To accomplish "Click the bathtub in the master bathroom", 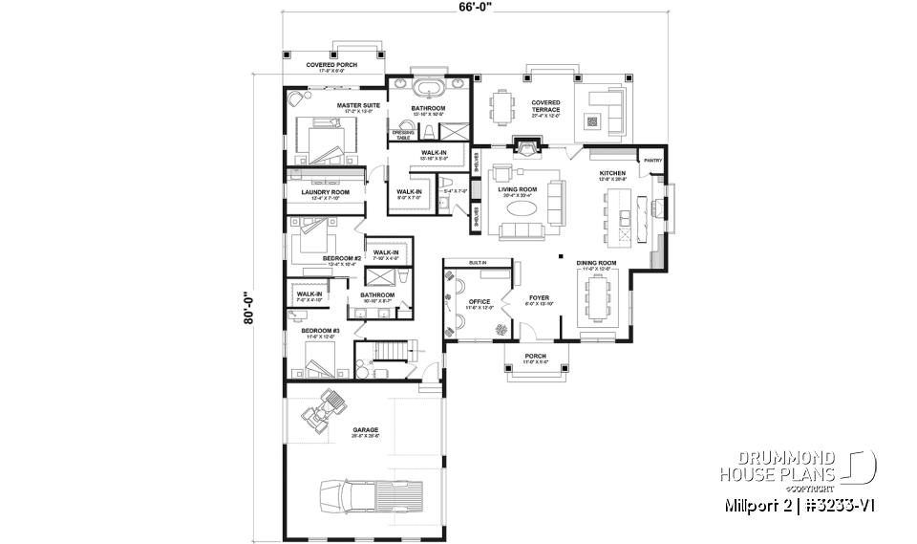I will pyautogui.click(x=427, y=93).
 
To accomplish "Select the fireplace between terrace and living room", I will pyautogui.click(x=525, y=146).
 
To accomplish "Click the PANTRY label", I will pyautogui.click(x=653, y=161).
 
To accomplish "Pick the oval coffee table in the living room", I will pyautogui.click(x=522, y=207).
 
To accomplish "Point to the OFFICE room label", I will pyautogui.click(x=479, y=302).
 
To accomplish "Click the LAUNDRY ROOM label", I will pyautogui.click(x=326, y=192).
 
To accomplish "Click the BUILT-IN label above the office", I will pyautogui.click(x=478, y=262).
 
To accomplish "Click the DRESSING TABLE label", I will pyautogui.click(x=402, y=135).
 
